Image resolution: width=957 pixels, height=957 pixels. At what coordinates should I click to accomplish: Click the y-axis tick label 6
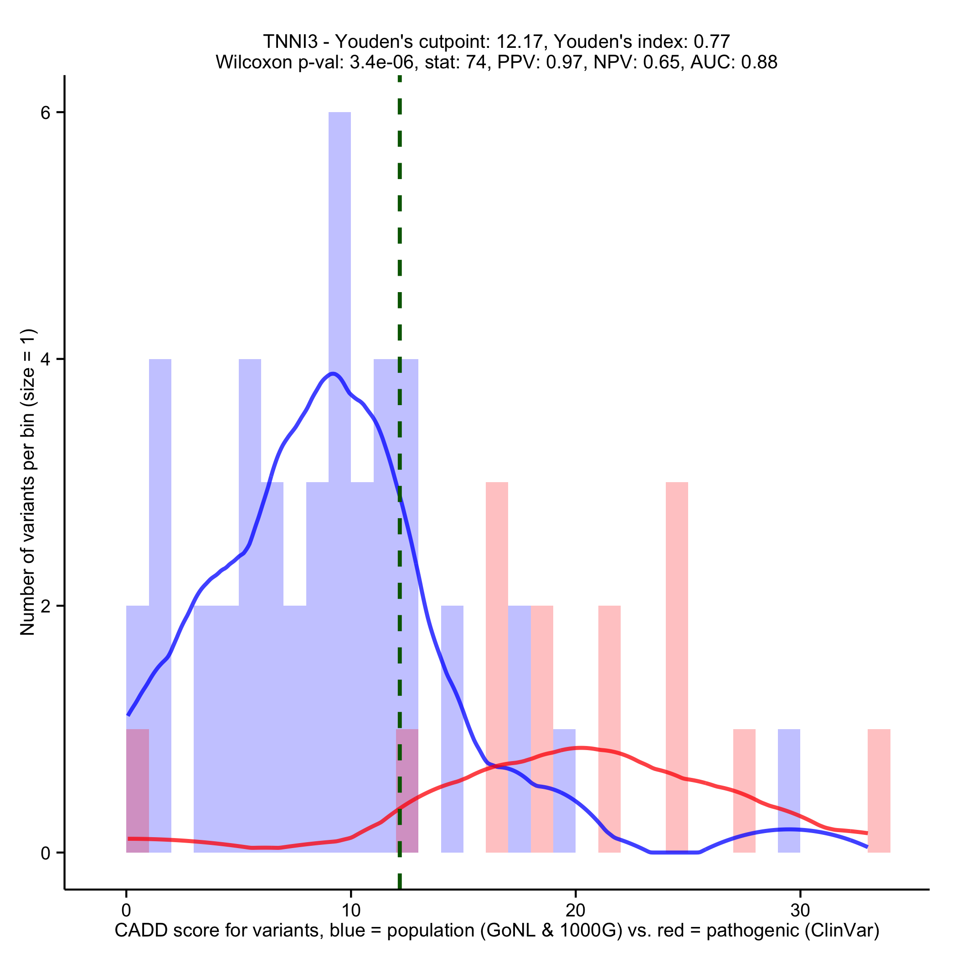pos(46,113)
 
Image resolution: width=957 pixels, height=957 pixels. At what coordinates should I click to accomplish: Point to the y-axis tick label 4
pos(46,360)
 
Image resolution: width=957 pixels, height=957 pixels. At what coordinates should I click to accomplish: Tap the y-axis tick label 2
pos(46,606)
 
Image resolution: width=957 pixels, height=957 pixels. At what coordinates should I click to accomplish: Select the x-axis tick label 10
pos(351,911)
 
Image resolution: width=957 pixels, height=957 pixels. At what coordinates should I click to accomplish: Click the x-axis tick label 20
pos(575,911)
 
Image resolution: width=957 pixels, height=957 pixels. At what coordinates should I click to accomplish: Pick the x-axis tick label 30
pos(799,911)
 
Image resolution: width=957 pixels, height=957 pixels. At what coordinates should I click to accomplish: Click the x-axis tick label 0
pos(126,911)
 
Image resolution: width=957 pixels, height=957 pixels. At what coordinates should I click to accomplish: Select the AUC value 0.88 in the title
pos(759,62)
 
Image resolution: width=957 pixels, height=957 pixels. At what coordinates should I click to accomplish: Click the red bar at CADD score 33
pos(879,791)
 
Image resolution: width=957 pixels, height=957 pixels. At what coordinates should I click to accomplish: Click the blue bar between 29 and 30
pos(788,791)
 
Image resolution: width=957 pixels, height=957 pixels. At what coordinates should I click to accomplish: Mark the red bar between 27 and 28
pos(744,791)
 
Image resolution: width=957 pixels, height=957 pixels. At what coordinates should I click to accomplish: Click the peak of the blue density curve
pos(334,374)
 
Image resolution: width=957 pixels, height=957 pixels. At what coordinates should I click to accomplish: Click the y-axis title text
pos(28,482)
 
